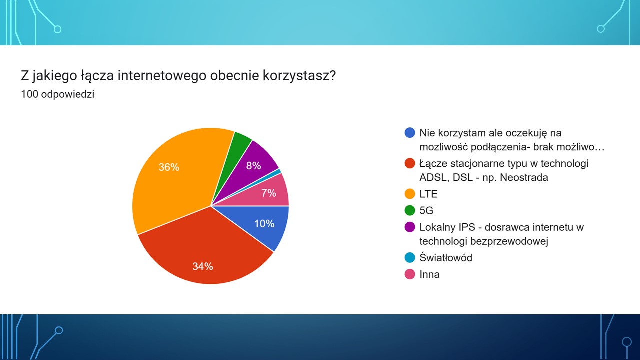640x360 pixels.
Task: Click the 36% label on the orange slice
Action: (x=169, y=167)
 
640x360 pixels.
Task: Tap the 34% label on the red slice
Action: (x=203, y=266)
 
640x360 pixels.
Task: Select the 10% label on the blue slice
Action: (x=264, y=223)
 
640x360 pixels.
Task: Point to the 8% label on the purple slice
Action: (x=253, y=165)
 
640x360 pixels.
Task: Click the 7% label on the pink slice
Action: (x=269, y=193)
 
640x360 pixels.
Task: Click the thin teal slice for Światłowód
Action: (x=274, y=174)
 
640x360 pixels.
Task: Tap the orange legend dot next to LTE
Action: (x=410, y=194)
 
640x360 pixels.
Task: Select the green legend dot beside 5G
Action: (x=410, y=210)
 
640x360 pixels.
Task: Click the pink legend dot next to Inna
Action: (x=410, y=274)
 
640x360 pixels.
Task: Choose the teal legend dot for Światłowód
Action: (x=410, y=257)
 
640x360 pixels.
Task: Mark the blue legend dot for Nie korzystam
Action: (x=410, y=133)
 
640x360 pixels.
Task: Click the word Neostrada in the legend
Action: (x=524, y=177)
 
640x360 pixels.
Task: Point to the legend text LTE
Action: (x=428, y=194)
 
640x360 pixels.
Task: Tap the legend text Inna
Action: (x=429, y=274)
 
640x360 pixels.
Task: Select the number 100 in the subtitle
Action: (x=29, y=94)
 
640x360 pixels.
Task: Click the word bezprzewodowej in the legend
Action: (x=509, y=241)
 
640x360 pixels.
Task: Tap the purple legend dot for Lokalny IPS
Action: (x=410, y=227)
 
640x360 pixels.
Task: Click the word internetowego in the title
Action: (x=162, y=76)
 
